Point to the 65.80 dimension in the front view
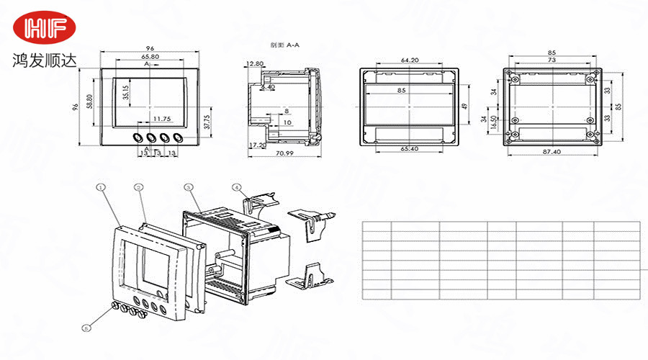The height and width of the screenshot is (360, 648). pyautogui.click(x=150, y=56)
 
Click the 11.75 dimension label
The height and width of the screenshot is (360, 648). pyautogui.click(x=162, y=118)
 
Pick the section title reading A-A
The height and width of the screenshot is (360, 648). pyautogui.click(x=284, y=45)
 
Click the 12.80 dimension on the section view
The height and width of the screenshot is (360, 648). pyautogui.click(x=254, y=63)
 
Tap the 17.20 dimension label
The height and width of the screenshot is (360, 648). pyautogui.click(x=256, y=145)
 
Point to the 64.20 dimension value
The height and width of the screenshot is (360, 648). pyautogui.click(x=410, y=60)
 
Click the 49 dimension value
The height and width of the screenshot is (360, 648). pyautogui.click(x=464, y=106)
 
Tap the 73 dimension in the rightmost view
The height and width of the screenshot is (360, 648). pyautogui.click(x=552, y=60)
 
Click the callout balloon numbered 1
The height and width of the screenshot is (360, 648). pyautogui.click(x=101, y=186)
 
